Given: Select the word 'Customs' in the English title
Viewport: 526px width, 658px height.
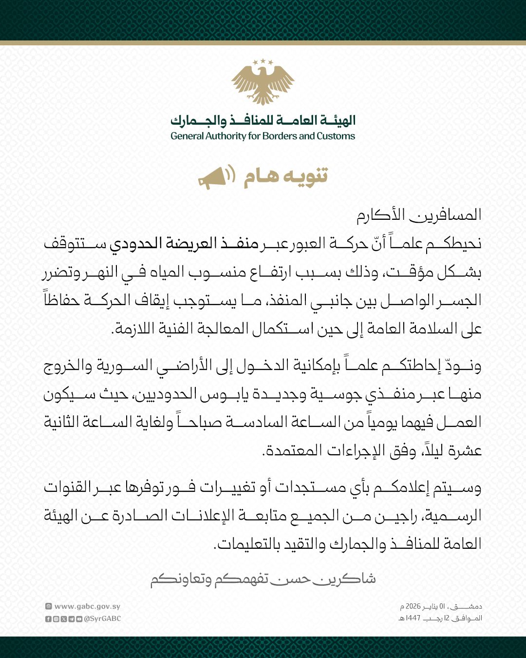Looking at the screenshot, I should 336,136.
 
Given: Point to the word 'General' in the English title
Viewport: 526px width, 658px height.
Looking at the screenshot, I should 187,136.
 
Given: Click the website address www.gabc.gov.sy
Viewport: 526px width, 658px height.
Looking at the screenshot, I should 87,606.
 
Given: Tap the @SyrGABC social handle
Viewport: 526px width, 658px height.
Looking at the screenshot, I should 102,619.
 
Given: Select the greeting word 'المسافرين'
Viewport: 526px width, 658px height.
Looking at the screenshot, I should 445,215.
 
